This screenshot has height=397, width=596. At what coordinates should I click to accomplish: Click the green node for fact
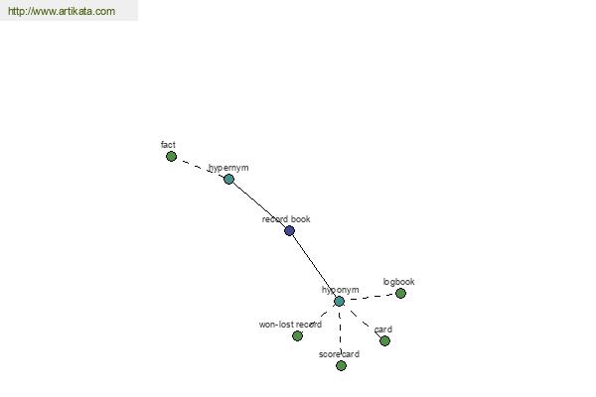171,156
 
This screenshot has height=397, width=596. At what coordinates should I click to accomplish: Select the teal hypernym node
228,179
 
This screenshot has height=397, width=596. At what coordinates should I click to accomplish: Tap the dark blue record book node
289,230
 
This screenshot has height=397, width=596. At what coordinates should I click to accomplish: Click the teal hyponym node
339,302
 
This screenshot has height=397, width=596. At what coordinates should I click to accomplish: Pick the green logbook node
400,294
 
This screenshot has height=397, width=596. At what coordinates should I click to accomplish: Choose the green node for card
384,340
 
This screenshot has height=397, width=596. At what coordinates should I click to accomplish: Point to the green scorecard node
341,365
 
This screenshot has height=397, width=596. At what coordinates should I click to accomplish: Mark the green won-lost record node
297,335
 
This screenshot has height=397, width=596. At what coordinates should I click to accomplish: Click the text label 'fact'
168,145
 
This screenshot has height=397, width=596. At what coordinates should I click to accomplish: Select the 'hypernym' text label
228,168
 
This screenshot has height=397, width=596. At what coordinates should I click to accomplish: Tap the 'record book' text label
286,218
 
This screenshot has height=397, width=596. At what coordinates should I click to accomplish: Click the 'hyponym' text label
340,290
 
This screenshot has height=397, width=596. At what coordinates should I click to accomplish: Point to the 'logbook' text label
398,282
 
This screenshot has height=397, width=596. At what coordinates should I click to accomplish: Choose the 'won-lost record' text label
290,325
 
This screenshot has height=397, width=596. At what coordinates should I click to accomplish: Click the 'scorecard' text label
339,354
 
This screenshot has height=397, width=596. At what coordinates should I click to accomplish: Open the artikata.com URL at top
62,11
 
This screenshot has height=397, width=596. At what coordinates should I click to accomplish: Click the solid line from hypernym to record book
259,205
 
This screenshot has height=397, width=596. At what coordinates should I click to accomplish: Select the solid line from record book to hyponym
313,265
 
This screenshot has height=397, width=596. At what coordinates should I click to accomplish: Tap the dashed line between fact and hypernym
200,168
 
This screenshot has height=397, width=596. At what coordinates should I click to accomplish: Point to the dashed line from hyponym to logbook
370,297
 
